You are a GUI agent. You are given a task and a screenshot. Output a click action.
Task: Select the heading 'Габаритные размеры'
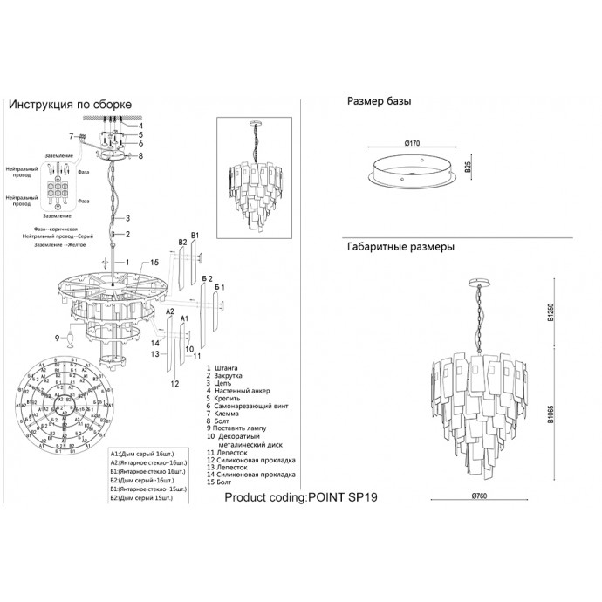tap(400, 247)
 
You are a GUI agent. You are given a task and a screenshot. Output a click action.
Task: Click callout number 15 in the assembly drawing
tap(153, 262)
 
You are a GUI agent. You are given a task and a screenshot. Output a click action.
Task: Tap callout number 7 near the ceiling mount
tap(72, 135)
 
